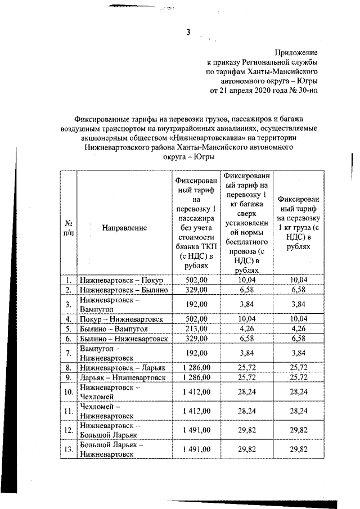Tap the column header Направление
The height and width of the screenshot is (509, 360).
pyautogui.click(x=124, y=228)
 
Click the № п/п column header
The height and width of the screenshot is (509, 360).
pyautogui.click(x=67, y=228)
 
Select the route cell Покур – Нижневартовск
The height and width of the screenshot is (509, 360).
pyautogui.click(x=121, y=319)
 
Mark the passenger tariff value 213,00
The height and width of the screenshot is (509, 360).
pyautogui.click(x=196, y=328)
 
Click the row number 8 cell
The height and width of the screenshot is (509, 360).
pyautogui.click(x=67, y=367)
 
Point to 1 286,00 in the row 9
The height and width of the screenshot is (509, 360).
pyautogui.click(x=196, y=377)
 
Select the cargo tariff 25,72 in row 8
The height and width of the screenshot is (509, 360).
pyautogui.click(x=301, y=367)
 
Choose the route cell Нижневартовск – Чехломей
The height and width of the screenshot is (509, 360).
pyautogui.click(x=109, y=392)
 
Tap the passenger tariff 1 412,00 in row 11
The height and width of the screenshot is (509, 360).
pyautogui.click(x=196, y=411)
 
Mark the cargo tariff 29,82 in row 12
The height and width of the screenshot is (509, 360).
pyautogui.click(x=301, y=430)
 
